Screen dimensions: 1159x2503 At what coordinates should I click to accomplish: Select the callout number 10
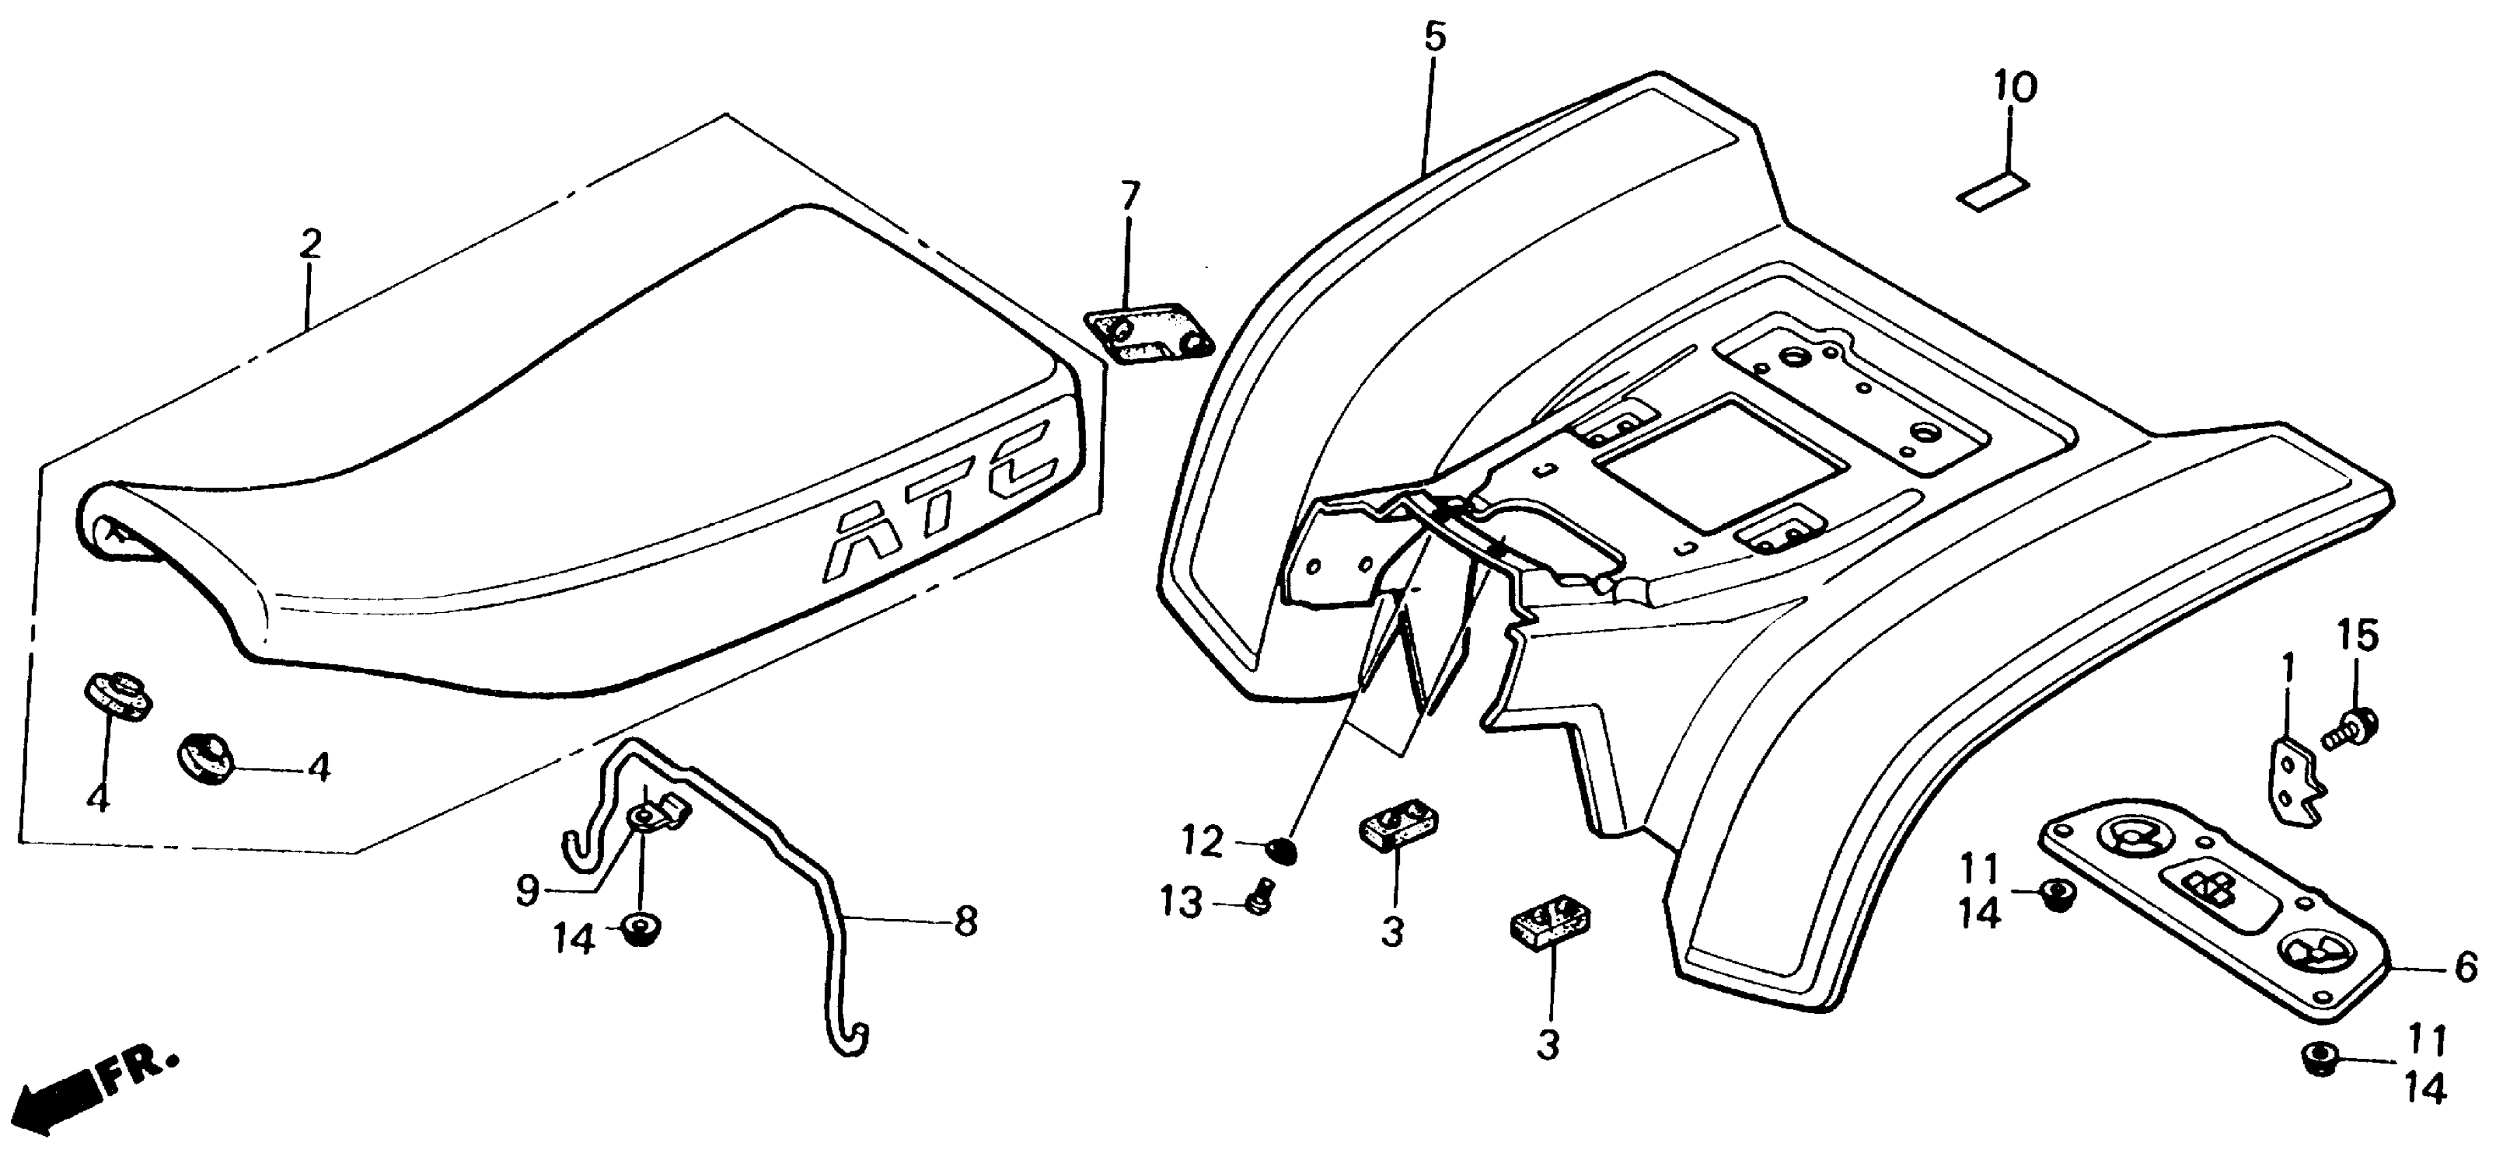coord(2015,87)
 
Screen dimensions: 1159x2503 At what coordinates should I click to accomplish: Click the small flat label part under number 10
coord(1992,192)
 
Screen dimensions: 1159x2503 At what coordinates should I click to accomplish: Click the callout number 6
coord(2465,967)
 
